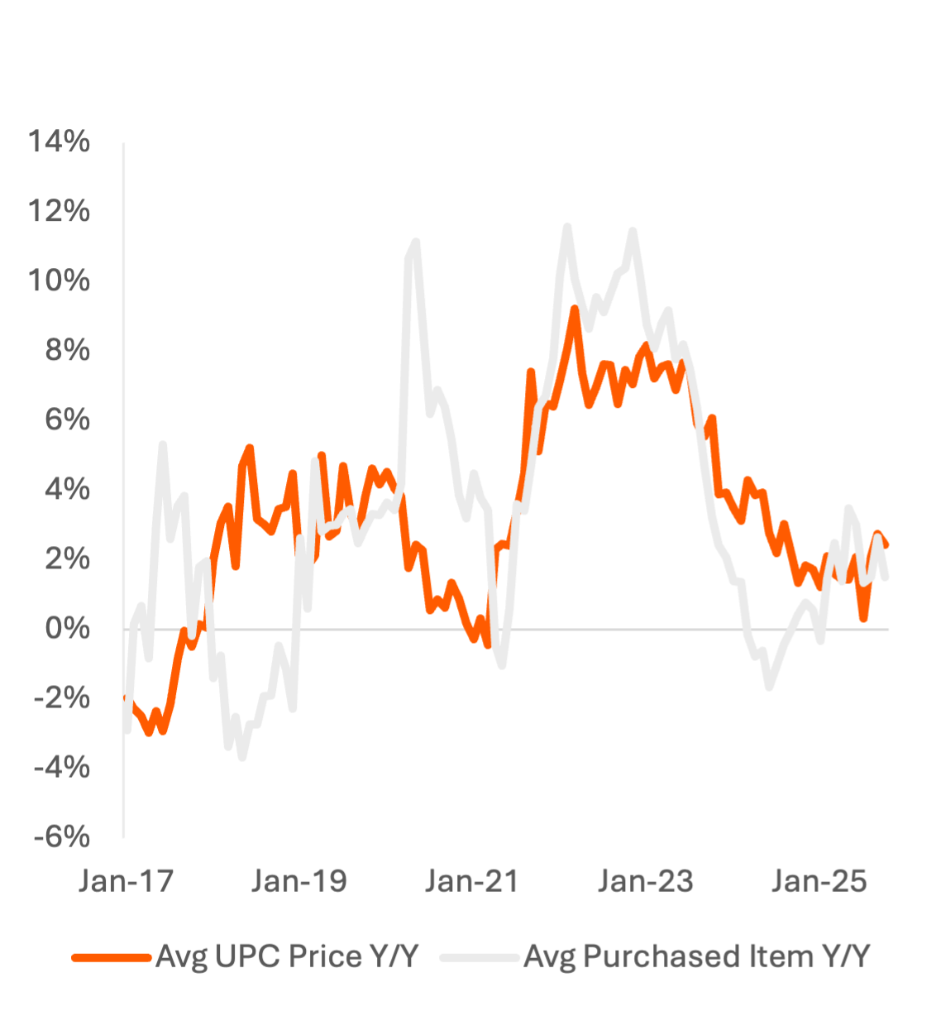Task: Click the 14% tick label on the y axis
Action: click(60, 142)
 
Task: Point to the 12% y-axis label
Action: click(60, 212)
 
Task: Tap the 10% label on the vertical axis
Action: click(60, 281)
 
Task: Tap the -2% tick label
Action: click(62, 698)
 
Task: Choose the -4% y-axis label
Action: click(62, 768)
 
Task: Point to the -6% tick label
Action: click(62, 837)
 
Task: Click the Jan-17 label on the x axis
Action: click(127, 881)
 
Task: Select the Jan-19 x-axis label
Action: click(299, 881)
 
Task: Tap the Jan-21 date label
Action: click(472, 881)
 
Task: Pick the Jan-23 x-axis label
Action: click(646, 881)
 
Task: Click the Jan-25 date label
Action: click(819, 881)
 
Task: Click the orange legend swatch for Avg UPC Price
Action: click(112, 957)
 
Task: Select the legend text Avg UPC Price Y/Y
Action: click(288, 957)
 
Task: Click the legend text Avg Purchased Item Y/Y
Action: click(698, 957)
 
